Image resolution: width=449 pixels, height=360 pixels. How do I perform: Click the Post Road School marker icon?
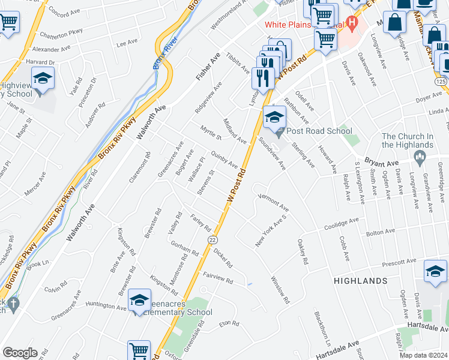tap(275, 117)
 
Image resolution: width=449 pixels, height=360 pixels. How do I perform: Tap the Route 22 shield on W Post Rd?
tap(212, 239)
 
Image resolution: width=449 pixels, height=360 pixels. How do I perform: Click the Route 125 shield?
tap(441, 80)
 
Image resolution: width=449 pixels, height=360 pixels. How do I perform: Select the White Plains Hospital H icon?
tap(352, 25)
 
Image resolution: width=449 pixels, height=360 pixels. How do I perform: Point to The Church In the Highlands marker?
tap(420, 158)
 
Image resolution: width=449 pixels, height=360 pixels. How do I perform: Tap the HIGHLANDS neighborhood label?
tap(361, 281)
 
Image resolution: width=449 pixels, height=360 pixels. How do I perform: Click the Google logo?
tap(20, 353)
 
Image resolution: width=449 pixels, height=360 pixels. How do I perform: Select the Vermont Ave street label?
tap(274, 202)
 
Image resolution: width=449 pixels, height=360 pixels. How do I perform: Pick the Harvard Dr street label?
tap(43, 62)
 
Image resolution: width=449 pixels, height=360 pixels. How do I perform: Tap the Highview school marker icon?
tap(43, 79)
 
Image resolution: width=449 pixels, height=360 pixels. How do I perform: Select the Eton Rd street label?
tap(229, 323)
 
